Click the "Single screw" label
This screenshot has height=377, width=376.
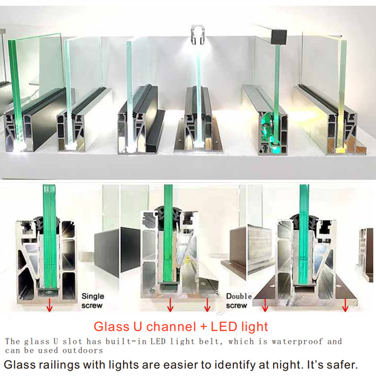93,301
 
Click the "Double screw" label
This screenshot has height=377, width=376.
239,301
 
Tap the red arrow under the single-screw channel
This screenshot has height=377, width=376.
50,305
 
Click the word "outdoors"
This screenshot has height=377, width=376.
83,350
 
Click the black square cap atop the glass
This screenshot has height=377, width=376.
279,36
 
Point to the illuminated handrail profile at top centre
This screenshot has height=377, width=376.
198,35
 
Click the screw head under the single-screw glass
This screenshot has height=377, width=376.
49,293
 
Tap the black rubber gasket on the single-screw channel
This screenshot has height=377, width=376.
48,221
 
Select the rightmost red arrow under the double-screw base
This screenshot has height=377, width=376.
345,305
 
